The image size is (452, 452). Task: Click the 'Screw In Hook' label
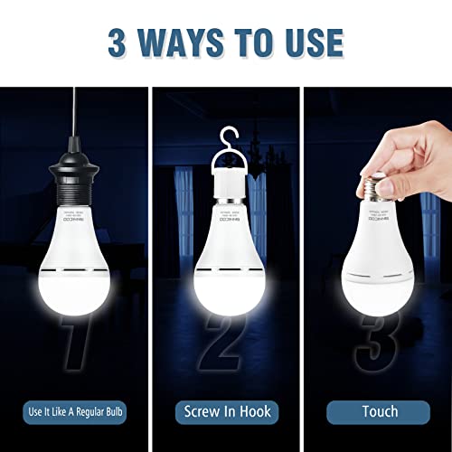pyautogui.click(x=226, y=411)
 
